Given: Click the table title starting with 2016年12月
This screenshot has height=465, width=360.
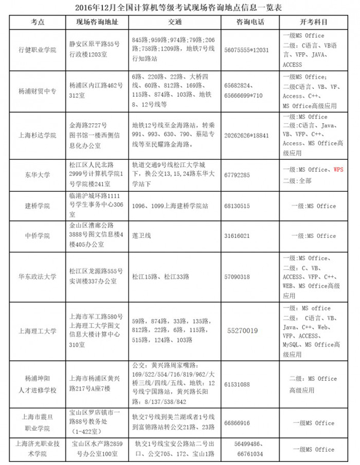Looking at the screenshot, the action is click(180, 7).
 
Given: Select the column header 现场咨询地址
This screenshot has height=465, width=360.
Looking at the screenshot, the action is click(95, 22).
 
